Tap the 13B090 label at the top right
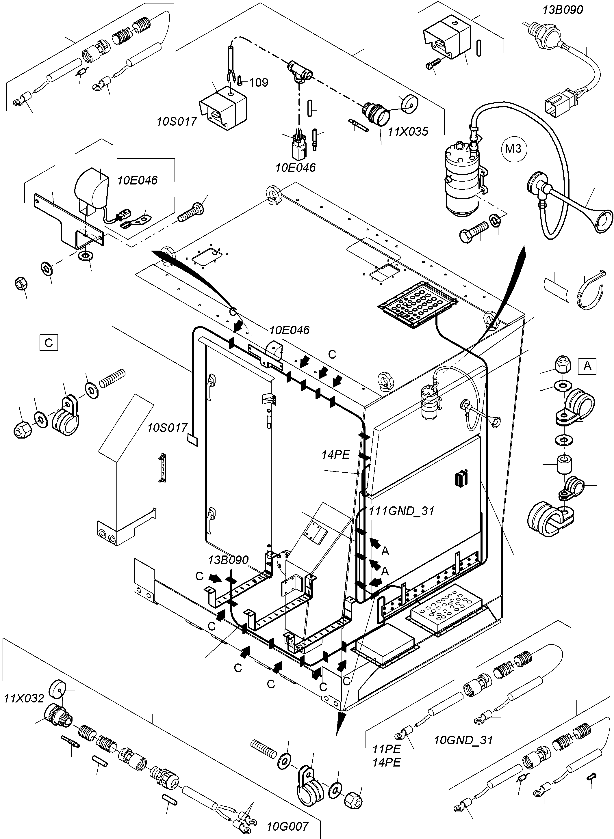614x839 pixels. click(x=563, y=10)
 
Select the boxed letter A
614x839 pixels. click(x=587, y=366)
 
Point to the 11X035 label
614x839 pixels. click(x=408, y=131)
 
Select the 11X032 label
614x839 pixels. click(x=24, y=698)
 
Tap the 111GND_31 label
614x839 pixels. click(x=401, y=511)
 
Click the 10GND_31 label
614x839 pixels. click(x=463, y=740)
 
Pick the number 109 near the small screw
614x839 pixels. click(x=259, y=82)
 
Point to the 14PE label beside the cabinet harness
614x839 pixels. click(x=336, y=455)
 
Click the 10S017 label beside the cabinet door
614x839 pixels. click(x=167, y=428)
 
